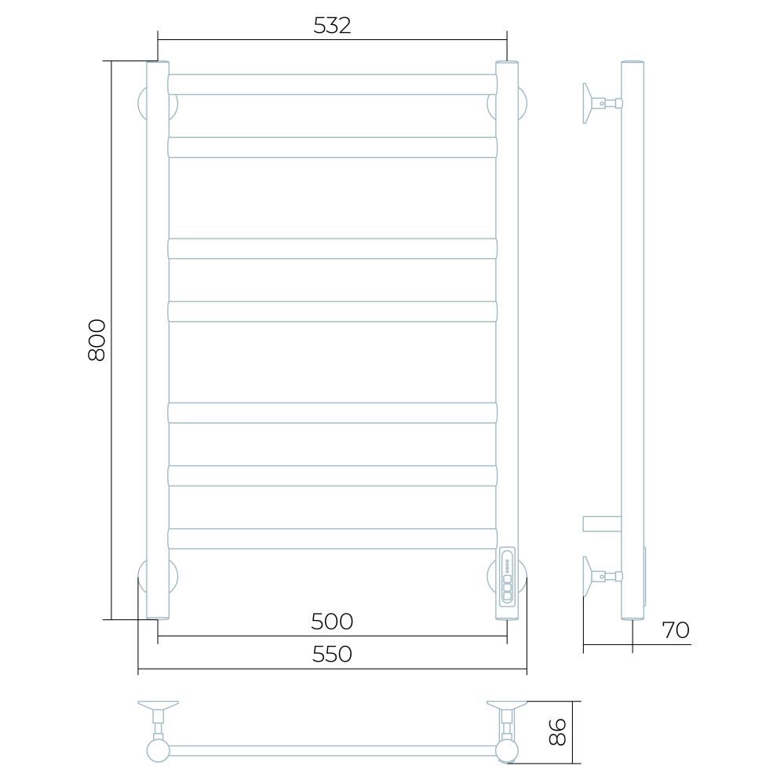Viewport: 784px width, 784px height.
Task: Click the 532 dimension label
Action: tap(332, 25)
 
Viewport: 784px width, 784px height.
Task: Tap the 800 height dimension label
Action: tap(97, 340)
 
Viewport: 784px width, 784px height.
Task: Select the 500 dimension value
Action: tap(332, 622)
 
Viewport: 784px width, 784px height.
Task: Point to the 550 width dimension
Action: tap(332, 654)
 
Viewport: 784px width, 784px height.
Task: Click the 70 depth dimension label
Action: tap(676, 630)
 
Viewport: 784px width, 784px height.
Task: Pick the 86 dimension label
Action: tap(557, 732)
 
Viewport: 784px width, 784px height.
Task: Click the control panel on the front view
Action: tap(507, 577)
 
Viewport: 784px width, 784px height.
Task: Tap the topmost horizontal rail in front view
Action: tap(333, 85)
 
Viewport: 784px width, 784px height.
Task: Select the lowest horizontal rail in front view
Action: tap(333, 538)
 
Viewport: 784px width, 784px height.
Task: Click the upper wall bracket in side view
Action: tap(602, 104)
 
